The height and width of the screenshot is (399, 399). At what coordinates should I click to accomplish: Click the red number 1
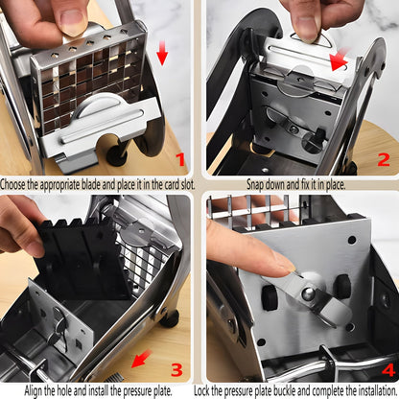click(x=180, y=159)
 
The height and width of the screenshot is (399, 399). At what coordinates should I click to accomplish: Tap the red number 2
click(x=384, y=159)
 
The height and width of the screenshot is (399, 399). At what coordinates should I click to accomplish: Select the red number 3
click(x=176, y=369)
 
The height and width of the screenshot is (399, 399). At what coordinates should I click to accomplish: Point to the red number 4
click(x=388, y=370)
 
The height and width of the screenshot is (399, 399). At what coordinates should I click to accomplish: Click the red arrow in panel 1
click(x=162, y=53)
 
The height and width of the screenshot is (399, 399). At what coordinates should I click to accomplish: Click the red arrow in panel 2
click(x=340, y=59)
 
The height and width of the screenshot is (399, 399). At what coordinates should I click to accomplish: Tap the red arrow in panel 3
click(x=141, y=359)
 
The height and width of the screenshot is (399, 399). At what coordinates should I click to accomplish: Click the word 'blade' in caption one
click(x=91, y=185)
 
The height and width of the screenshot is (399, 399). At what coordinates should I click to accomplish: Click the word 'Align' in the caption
click(x=33, y=390)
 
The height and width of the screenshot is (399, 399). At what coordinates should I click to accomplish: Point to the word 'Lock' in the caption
click(x=202, y=390)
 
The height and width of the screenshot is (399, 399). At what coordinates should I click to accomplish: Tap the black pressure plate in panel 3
click(x=80, y=257)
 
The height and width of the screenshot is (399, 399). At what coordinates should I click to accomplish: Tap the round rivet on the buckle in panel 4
click(x=308, y=293)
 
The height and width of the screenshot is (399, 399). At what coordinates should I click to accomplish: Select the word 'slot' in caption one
click(x=187, y=185)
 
